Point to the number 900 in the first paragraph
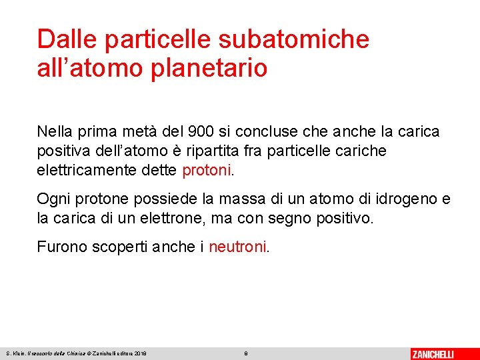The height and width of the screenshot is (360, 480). pyautogui.click(x=202, y=131)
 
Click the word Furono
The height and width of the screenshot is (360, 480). pyautogui.click(x=59, y=247)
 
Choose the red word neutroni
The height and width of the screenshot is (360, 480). pyautogui.click(x=237, y=247)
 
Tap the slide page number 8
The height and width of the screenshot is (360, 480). pyautogui.click(x=246, y=353)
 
